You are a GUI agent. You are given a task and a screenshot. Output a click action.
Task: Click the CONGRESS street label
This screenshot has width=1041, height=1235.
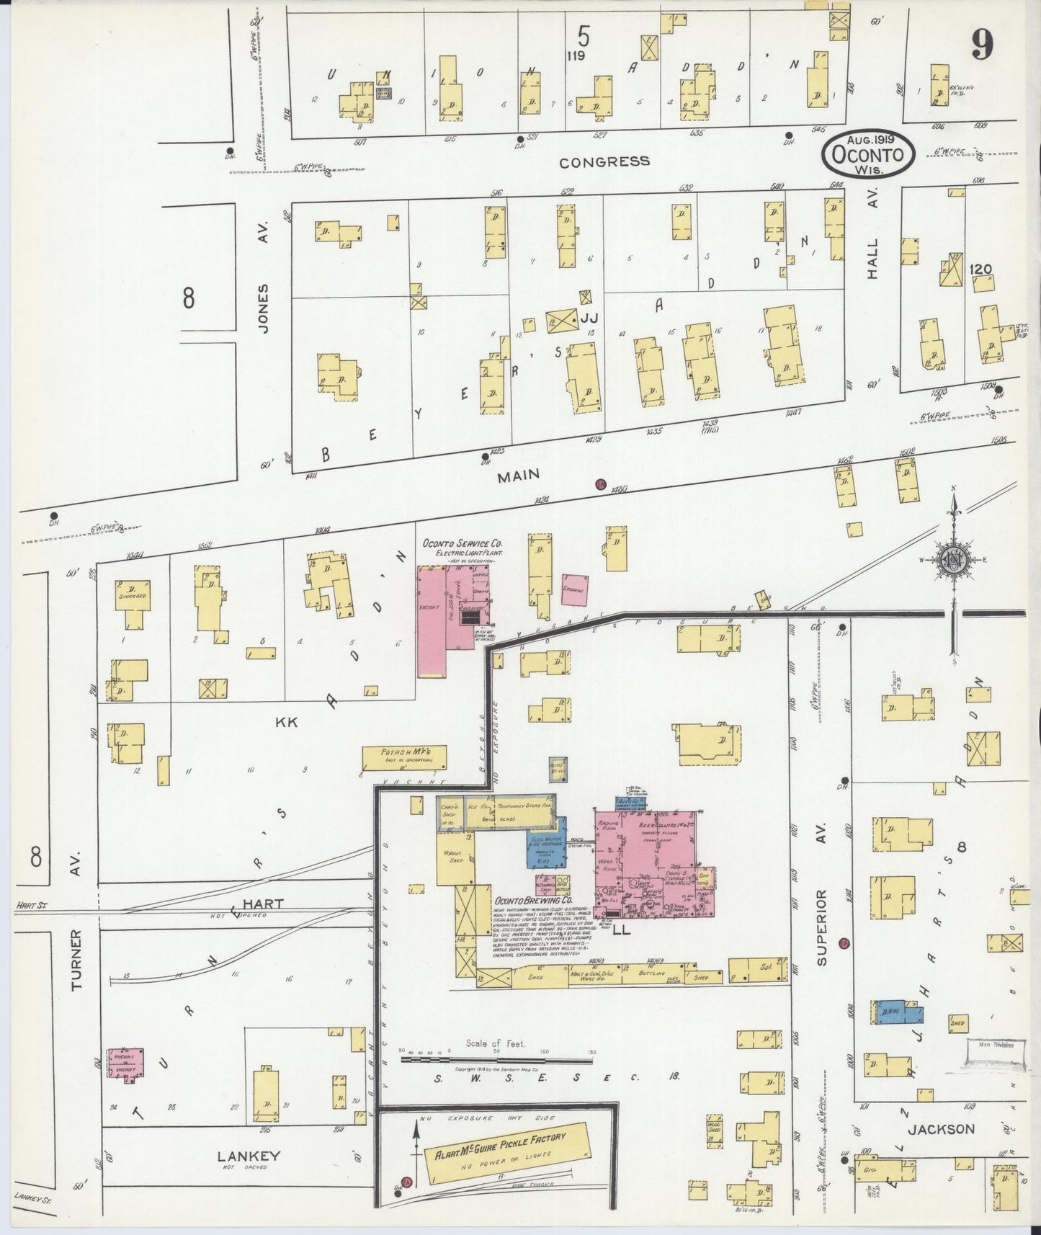coord(604,161)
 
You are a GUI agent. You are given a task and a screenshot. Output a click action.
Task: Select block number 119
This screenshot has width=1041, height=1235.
coord(576,55)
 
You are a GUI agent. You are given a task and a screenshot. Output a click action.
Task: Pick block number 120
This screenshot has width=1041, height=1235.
coord(980,269)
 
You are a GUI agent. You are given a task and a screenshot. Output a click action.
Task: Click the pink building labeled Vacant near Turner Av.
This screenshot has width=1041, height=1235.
coord(126,1064)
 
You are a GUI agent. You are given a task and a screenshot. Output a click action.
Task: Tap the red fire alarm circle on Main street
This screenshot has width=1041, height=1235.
coord(599,484)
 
